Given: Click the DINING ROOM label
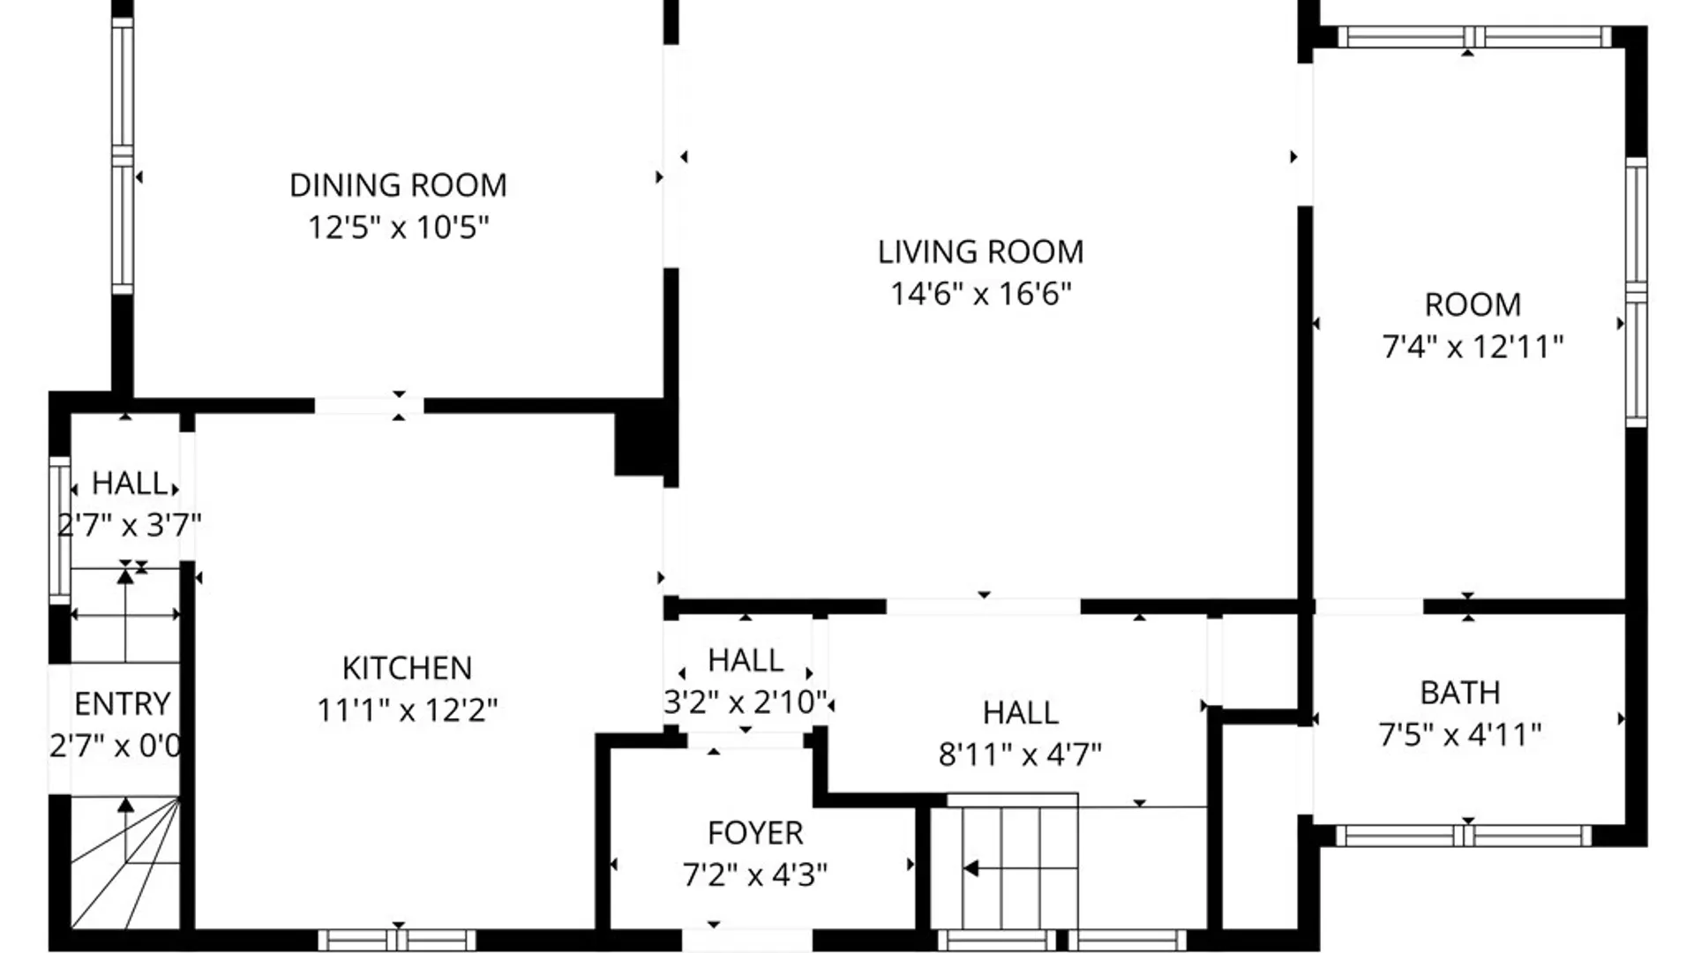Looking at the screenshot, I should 398,185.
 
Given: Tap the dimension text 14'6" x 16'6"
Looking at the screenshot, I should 980,294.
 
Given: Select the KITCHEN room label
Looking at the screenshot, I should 407,668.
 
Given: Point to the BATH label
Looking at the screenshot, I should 1460,693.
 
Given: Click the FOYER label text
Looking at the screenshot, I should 755,833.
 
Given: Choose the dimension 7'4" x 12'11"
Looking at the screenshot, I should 1473,347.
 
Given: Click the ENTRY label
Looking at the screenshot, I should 122,704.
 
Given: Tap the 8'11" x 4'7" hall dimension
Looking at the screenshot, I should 1020,755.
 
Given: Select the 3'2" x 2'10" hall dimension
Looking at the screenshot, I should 746,702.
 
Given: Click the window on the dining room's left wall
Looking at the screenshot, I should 123,155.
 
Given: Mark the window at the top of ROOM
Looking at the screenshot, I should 1474,36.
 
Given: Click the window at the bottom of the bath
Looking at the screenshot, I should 1464,835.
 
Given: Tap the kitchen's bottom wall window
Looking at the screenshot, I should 397,940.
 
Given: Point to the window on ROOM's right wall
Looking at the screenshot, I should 1636,292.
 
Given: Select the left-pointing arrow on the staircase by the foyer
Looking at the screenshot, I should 971,869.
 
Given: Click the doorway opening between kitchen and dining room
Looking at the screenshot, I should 369,406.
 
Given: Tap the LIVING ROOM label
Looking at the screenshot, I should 980,252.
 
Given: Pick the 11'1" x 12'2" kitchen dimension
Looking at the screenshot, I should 407,709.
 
